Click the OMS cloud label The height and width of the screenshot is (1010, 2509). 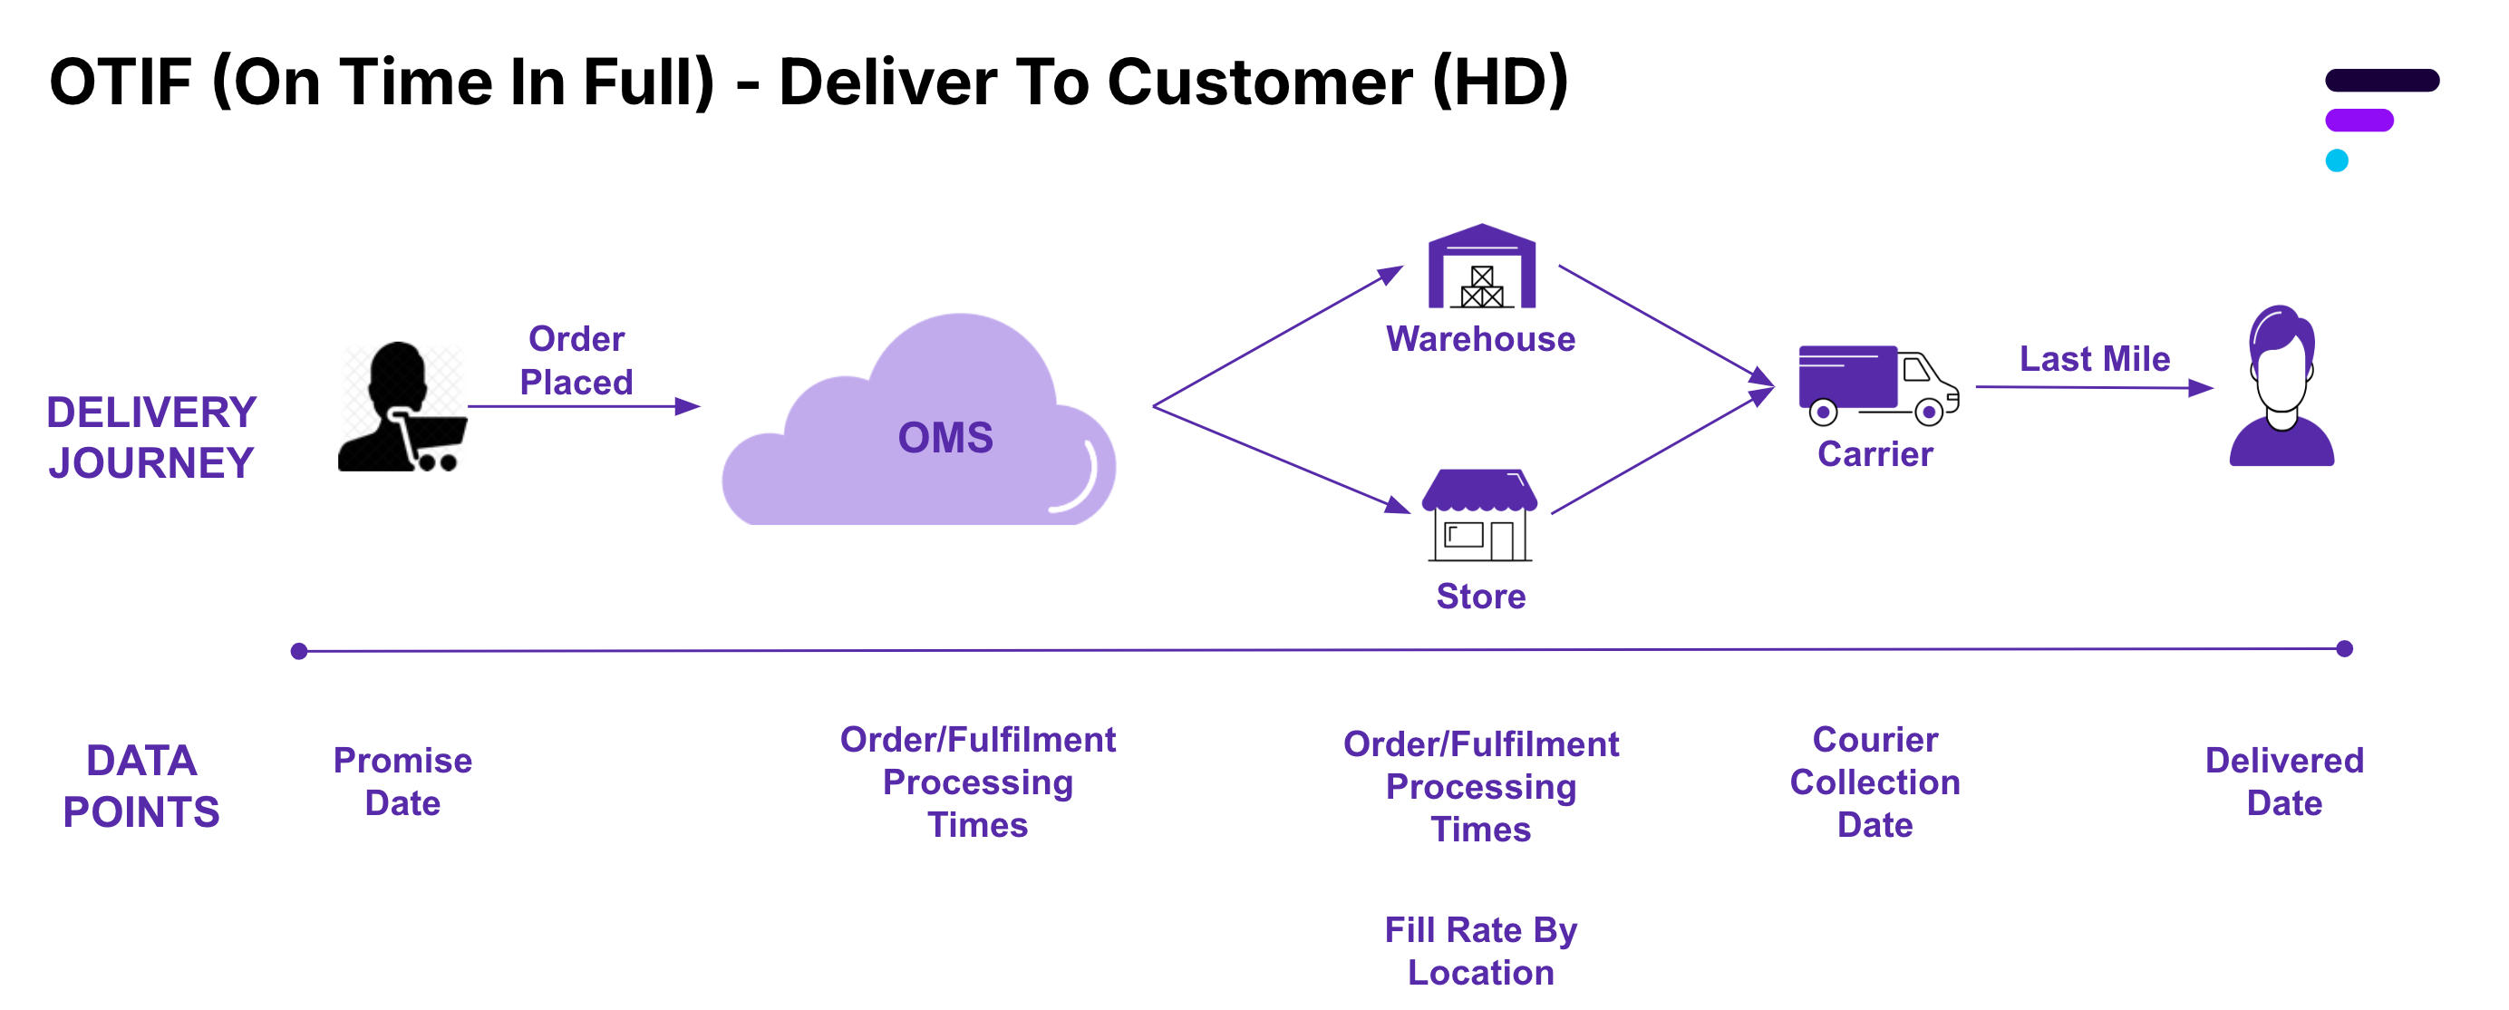[945, 437]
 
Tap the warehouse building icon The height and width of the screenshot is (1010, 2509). [1480, 267]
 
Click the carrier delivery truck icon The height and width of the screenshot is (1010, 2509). [1877, 384]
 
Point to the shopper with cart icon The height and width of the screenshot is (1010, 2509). [402, 408]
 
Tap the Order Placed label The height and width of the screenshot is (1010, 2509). [576, 360]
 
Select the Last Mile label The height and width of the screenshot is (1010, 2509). [2094, 358]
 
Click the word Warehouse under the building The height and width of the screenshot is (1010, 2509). [1480, 339]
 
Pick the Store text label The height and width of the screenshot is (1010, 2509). [1480, 596]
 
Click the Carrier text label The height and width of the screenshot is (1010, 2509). [1874, 454]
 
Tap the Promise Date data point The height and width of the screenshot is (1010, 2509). [402, 782]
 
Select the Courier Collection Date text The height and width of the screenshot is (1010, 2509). [1874, 782]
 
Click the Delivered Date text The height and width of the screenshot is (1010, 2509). [2284, 782]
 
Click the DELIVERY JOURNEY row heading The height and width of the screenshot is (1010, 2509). [151, 437]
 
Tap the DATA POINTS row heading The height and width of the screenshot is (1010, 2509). [141, 786]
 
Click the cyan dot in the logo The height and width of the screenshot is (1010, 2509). [2337, 160]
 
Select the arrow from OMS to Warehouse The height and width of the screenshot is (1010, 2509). [1277, 336]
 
